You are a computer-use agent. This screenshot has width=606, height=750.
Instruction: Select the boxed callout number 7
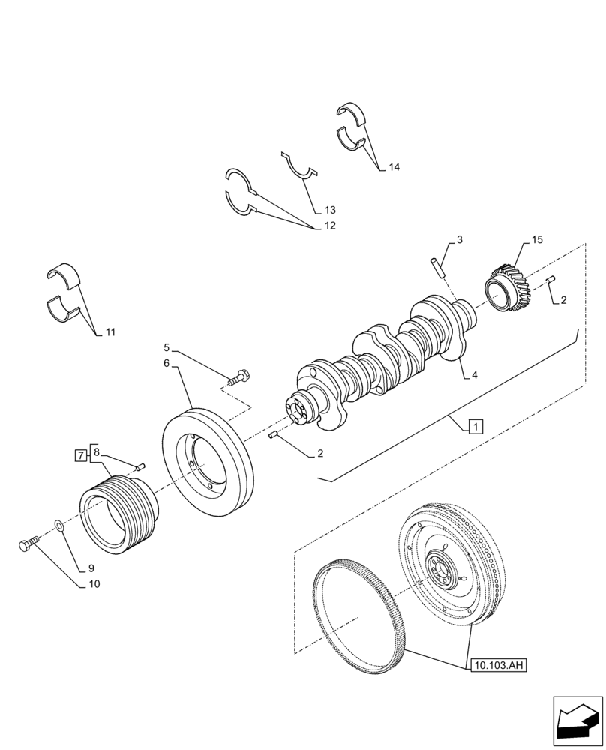80,455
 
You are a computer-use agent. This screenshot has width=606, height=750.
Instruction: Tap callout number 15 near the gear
536,241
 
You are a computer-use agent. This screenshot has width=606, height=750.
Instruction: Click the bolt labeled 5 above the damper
239,377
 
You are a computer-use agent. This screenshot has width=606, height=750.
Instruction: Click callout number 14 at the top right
394,168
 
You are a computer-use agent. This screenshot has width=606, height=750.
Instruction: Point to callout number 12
330,226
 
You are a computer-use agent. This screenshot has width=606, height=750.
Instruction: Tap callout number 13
330,210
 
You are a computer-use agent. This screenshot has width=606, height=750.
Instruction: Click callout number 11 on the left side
110,331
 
